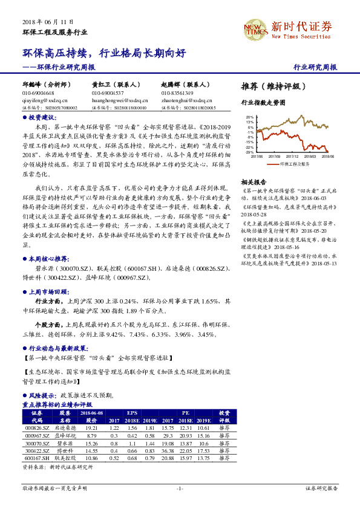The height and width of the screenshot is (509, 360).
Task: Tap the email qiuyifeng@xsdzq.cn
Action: point(46,101)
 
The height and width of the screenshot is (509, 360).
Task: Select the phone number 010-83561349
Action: point(177,94)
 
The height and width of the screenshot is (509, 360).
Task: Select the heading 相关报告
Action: point(254,182)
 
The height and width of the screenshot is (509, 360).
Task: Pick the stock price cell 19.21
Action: point(91,427)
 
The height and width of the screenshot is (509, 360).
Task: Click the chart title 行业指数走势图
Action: point(263,103)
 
